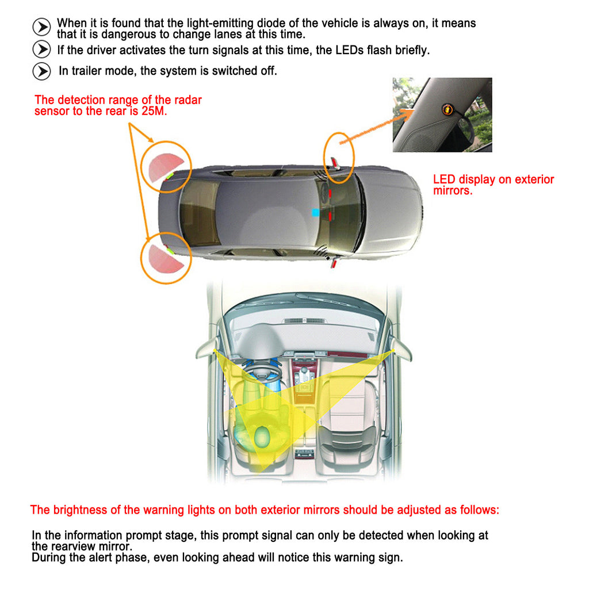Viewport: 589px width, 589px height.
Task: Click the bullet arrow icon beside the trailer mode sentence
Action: [41, 71]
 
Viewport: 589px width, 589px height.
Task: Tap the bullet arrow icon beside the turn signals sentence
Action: [41, 49]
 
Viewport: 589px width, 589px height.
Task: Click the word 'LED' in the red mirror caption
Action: [444, 179]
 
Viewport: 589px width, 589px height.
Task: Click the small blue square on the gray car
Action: [315, 212]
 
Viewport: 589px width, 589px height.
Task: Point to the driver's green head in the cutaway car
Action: [263, 437]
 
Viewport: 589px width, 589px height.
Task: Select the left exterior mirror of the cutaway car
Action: [205, 349]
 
